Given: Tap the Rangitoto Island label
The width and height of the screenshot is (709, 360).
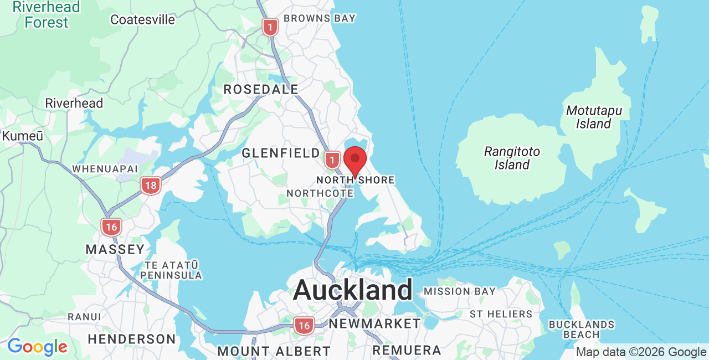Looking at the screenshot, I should pyautogui.click(x=512, y=158).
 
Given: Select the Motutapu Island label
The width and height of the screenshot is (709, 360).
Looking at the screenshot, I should pyautogui.click(x=593, y=117).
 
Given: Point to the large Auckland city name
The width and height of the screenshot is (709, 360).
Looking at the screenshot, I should pyautogui.click(x=352, y=290).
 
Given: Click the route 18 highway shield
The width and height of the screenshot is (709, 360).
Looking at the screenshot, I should pyautogui.click(x=151, y=186).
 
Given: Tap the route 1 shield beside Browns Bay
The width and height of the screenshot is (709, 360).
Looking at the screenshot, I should pyautogui.click(x=270, y=27).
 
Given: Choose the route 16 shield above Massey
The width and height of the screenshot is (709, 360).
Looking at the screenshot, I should pyautogui.click(x=111, y=227).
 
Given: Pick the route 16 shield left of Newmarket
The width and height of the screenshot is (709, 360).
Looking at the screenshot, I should pyautogui.click(x=304, y=326).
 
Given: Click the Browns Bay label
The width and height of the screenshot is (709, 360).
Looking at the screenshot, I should pyautogui.click(x=319, y=18).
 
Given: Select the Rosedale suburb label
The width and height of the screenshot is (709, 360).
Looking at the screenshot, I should pyautogui.click(x=261, y=89).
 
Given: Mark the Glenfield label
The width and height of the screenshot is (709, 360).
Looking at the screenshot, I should pyautogui.click(x=281, y=153).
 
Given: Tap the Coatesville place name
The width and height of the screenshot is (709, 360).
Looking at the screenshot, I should pyautogui.click(x=142, y=20).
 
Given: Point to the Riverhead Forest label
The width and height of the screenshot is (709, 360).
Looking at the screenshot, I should pyautogui.click(x=47, y=15).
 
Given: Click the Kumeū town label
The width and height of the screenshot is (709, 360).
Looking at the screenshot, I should pyautogui.click(x=23, y=136).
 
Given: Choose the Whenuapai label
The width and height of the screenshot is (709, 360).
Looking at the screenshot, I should pyautogui.click(x=105, y=168).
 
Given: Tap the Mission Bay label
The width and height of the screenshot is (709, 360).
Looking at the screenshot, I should pyautogui.click(x=460, y=291).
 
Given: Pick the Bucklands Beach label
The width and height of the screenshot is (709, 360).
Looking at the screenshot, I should pyautogui.click(x=581, y=329).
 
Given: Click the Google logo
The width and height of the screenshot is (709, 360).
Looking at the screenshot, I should pyautogui.click(x=37, y=347).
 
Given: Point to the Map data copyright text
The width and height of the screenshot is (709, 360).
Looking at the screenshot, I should pyautogui.click(x=641, y=352).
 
